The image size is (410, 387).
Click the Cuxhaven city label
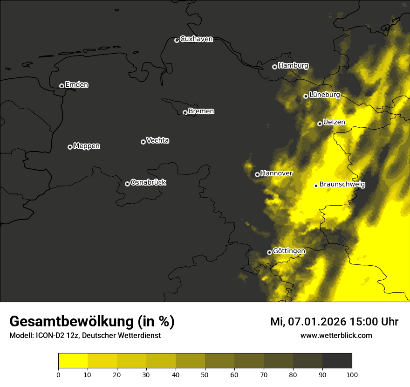(196, 39)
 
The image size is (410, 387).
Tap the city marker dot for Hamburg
(274, 67)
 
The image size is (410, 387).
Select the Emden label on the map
(77, 85)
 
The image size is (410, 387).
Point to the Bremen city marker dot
(185, 112)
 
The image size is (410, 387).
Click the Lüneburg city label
(325, 95)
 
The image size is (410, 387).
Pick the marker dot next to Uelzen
(320, 124)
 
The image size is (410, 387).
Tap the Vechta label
(157, 140)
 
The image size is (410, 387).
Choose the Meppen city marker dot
(70, 147)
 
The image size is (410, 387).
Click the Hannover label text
(277, 173)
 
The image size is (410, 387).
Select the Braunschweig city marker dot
(316, 186)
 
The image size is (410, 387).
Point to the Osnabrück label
(148, 182)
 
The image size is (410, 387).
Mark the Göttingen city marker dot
(269, 252)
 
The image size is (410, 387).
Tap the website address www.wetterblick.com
(336, 336)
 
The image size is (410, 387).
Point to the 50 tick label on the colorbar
(205, 374)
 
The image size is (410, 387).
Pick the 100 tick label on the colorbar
(352, 374)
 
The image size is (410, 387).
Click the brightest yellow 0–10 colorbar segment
(73, 361)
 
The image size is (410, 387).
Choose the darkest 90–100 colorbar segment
(337, 361)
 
